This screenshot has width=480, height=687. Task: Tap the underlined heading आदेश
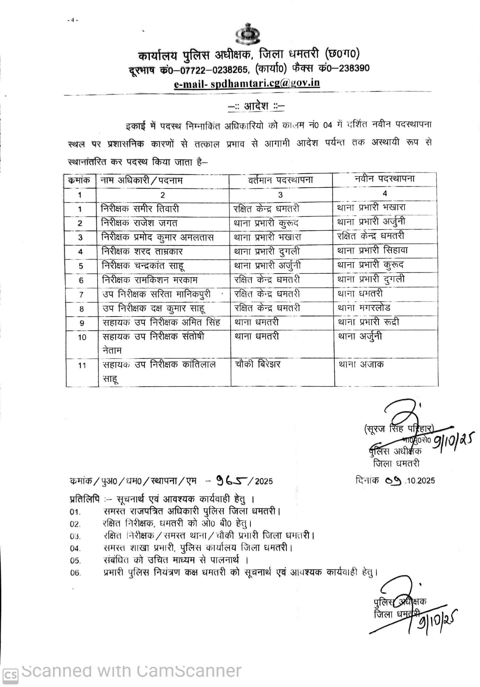[x=256, y=106]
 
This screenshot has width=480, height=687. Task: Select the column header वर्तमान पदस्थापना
[x=281, y=180]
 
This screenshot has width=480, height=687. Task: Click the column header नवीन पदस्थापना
[x=384, y=179]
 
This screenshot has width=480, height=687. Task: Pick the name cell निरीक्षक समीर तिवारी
[x=140, y=209]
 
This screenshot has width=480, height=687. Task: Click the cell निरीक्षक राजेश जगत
[x=139, y=223]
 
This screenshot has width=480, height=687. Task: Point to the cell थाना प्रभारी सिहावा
[x=372, y=250]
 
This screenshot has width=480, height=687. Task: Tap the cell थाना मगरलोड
[x=364, y=308]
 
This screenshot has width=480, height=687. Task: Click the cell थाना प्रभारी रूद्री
[x=368, y=322]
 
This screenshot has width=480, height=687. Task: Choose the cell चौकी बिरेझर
[x=258, y=364]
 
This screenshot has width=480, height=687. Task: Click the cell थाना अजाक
[x=361, y=364]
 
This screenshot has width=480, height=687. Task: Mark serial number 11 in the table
[x=82, y=365]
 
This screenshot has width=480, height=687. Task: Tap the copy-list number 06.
[x=75, y=573]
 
